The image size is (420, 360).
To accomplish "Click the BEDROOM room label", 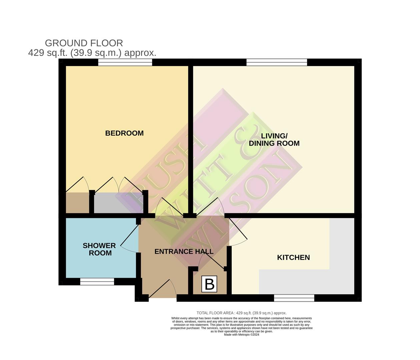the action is click(124, 133).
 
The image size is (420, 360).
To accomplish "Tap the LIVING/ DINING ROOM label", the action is click(274, 140).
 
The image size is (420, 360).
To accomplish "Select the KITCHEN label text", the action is click(293, 258).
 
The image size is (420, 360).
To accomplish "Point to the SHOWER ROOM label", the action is click(99, 249).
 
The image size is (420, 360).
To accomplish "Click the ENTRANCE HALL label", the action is click(184, 252).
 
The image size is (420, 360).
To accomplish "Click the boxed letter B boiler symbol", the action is click(209, 284).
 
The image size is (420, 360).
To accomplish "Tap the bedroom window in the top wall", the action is click(125, 62).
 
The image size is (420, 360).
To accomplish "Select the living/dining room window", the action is click(277, 62).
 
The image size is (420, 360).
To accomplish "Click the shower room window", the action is click(97, 282).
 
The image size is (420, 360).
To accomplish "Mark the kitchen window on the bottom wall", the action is click(294, 298).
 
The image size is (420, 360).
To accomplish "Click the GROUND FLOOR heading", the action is click(84, 43).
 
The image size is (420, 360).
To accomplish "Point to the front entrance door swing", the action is click(163, 289).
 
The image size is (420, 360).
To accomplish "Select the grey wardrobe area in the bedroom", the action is click(118, 203).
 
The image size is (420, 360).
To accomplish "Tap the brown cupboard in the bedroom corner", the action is click(77, 203).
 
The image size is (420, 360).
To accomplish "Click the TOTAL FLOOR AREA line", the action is click(241, 313).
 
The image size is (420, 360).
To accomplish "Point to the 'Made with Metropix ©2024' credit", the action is click(242, 335).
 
